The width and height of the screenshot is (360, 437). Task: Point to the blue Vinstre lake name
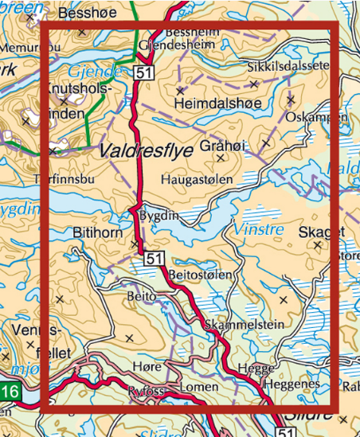[x=259, y=230]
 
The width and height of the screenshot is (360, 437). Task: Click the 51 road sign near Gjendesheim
[x=143, y=72]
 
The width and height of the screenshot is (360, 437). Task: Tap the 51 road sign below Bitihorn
[x=155, y=257]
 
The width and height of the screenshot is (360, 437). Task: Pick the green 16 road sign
[x=9, y=391]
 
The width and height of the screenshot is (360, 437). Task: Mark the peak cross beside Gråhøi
[x=266, y=143]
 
